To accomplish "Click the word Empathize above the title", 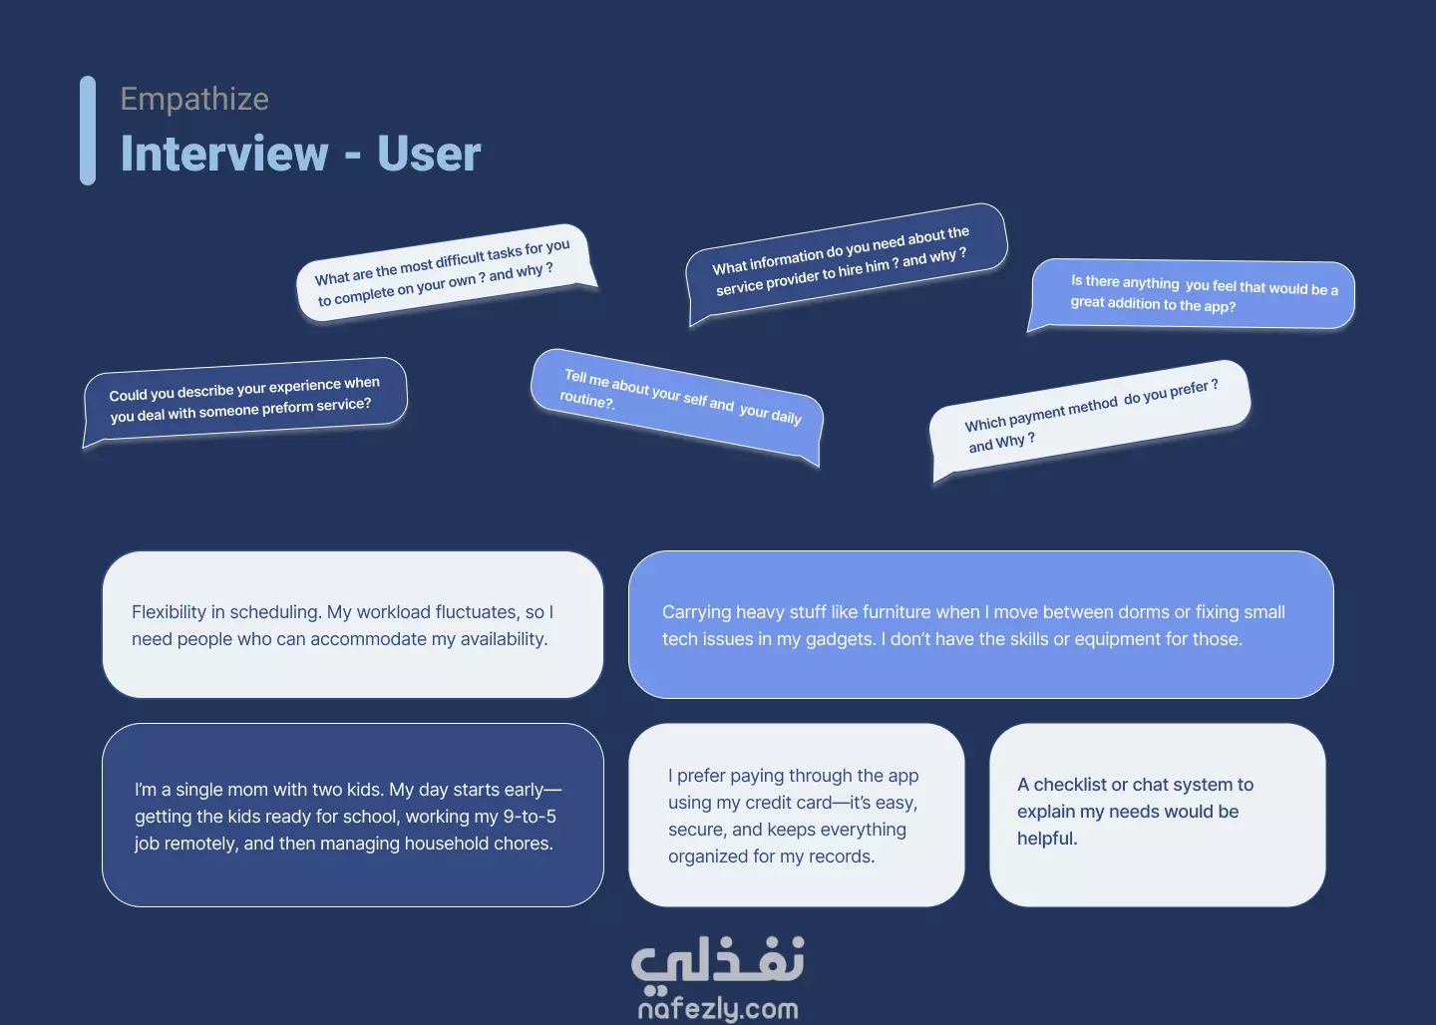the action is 194,99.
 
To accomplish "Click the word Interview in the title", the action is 224,154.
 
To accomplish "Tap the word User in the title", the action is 429,154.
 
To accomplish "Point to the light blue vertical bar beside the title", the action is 88,131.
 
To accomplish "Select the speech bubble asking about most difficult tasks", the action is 446,272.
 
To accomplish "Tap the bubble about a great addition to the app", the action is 1193,295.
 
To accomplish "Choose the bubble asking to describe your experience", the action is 245,400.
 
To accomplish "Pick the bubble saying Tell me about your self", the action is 677,405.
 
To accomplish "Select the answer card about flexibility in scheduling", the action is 353,624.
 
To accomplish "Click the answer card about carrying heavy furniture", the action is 981,624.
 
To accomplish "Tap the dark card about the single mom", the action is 353,816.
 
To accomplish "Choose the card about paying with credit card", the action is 796,816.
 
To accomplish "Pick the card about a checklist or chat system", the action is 1157,816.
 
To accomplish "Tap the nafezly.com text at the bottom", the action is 718,1009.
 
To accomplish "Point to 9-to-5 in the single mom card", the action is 531,816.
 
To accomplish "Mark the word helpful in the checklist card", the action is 1047,839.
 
